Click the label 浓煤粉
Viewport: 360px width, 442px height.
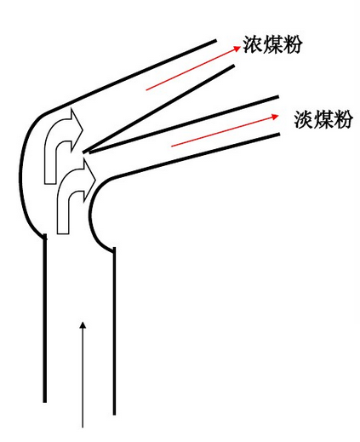coord(271,44)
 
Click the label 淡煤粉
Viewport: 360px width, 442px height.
coord(323,119)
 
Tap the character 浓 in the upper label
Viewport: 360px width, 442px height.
coord(252,44)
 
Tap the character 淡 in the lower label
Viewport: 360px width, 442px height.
coord(304,119)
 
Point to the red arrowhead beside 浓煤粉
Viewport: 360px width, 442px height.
coord(237,49)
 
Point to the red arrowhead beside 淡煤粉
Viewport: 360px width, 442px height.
coord(276,116)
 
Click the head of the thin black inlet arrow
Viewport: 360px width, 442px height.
coord(83,325)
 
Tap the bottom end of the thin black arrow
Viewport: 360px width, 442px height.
coord(83,428)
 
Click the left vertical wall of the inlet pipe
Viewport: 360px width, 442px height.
coord(44,318)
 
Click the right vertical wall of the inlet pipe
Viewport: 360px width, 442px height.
coord(114,331)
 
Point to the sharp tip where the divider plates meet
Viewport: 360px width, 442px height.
coord(83,152)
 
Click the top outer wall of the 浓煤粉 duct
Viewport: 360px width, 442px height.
coord(129,76)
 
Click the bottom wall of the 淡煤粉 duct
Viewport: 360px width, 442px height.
coord(196,156)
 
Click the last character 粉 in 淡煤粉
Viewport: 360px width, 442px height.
coord(343,119)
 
